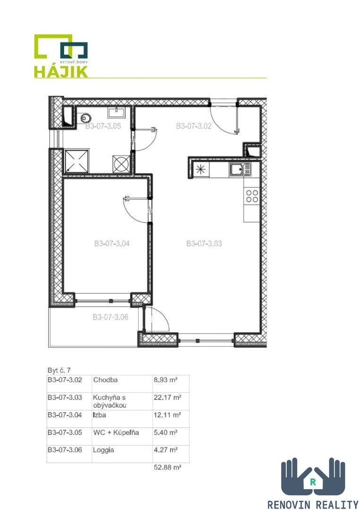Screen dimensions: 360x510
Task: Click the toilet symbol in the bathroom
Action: pyautogui.click(x=85, y=118)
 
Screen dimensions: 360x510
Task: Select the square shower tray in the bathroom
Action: pyautogui.click(x=77, y=161)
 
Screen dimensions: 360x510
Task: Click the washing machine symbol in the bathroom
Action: pyautogui.click(x=121, y=163)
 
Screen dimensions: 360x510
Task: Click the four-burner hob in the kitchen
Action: pyautogui.click(x=252, y=196)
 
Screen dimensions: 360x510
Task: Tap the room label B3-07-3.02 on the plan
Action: pyautogui.click(x=193, y=126)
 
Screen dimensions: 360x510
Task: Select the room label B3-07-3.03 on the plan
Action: pyautogui.click(x=204, y=243)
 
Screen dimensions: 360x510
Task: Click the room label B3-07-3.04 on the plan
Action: pyautogui.click(x=112, y=243)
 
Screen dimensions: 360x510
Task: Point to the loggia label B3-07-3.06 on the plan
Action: pyautogui.click(x=110, y=317)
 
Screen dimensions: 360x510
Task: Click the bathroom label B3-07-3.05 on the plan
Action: pyautogui.click(x=103, y=126)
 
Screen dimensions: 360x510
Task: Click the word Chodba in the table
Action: pyautogui.click(x=105, y=380)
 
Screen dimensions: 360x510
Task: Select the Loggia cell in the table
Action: pyautogui.click(x=103, y=450)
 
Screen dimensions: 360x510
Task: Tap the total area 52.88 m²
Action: pyautogui.click(x=167, y=467)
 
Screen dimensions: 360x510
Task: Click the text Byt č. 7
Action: pyautogui.click(x=59, y=370)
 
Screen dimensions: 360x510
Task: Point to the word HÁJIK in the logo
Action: pyautogui.click(x=61, y=71)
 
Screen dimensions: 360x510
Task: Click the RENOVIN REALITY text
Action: pyautogui.click(x=312, y=504)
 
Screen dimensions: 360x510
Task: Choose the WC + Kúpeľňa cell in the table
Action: pyautogui.click(x=116, y=432)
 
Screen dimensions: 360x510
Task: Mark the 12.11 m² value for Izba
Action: pyautogui.click(x=167, y=415)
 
